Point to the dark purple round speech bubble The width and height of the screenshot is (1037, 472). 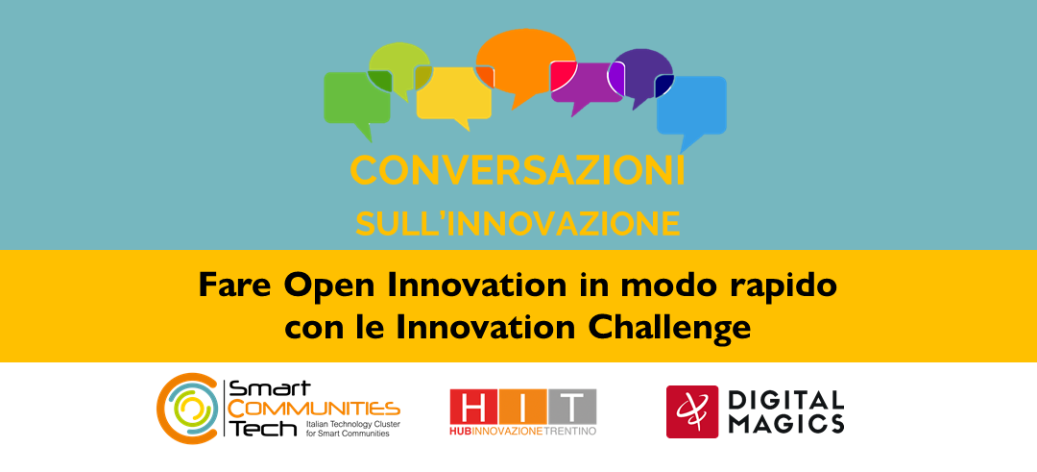tap(643, 67)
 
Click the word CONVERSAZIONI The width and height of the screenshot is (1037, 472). tap(518, 171)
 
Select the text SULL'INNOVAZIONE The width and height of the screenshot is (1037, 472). tap(518, 223)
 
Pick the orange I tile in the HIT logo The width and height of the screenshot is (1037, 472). tap(522, 407)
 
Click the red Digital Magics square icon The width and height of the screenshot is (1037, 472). tap(692, 410)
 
